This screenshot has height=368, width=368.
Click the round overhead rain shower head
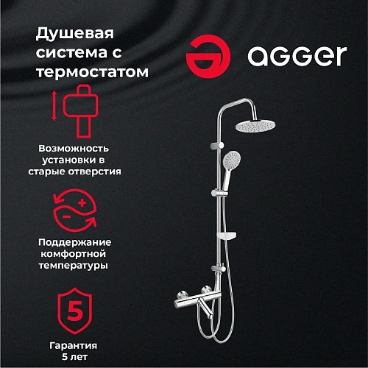click(257, 127)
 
